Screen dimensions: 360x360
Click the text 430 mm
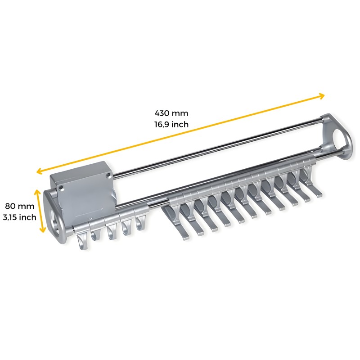coord(171,113)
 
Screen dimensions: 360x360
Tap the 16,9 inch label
coord(171,125)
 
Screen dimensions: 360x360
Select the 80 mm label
coord(19,206)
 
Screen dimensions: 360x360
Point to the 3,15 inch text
coord(19,217)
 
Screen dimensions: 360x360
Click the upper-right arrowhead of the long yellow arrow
coord(322,96)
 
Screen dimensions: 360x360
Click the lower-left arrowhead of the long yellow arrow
coord(39,171)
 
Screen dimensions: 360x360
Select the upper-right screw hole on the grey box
coord(108,176)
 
